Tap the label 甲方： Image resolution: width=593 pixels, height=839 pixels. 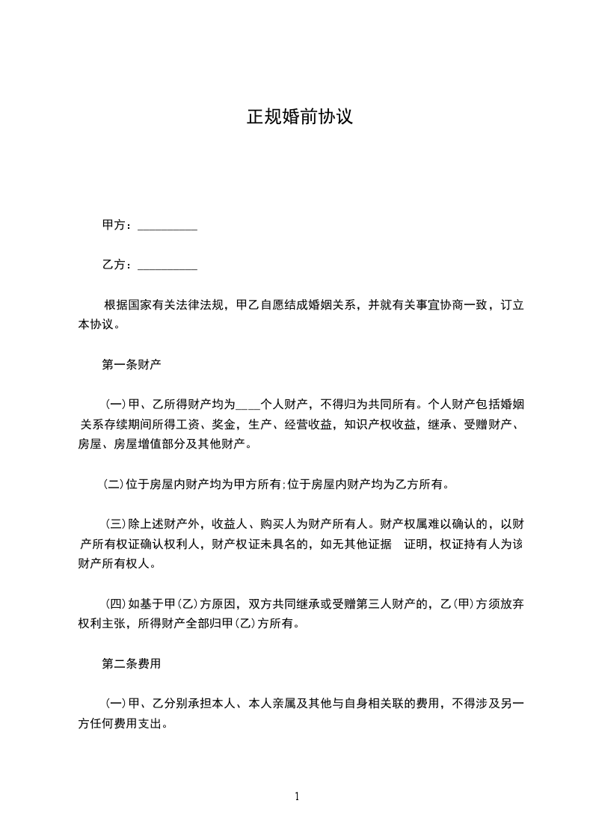[117, 225]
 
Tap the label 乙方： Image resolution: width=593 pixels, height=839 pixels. [117, 265]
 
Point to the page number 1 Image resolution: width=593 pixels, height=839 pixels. [297, 796]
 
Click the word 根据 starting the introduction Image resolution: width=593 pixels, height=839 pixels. [115, 305]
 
